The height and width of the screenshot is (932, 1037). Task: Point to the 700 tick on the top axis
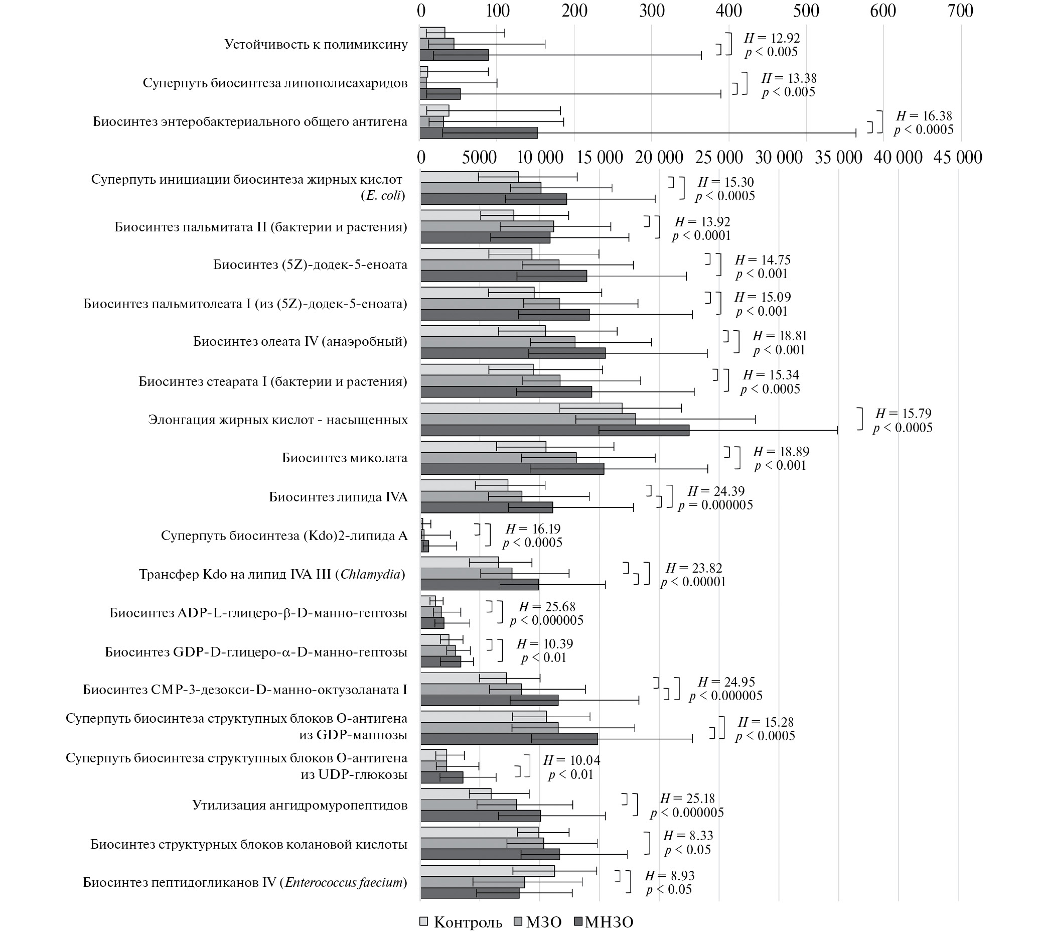click(960, 11)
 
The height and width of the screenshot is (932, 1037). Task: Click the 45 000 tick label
click(958, 157)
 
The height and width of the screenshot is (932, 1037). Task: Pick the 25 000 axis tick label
click(719, 157)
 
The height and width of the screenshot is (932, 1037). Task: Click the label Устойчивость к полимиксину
click(316, 45)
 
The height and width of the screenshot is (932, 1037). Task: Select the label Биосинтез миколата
click(345, 458)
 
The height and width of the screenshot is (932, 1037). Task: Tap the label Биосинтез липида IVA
click(338, 497)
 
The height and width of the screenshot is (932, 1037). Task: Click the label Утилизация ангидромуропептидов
click(300, 805)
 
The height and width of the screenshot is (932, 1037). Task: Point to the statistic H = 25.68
click(547, 607)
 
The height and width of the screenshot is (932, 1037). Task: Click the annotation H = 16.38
click(924, 116)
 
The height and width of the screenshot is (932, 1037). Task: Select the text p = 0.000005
click(715, 505)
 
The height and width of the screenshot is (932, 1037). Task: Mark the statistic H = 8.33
click(688, 836)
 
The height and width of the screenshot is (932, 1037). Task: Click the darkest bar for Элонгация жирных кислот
click(555, 430)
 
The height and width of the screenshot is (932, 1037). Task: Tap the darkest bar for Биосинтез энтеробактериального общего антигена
click(479, 132)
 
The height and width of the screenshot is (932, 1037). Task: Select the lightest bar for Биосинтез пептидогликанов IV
click(487, 871)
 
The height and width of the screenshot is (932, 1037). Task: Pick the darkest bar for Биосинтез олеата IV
click(513, 353)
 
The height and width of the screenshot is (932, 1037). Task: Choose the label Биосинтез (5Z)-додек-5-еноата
click(310, 265)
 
